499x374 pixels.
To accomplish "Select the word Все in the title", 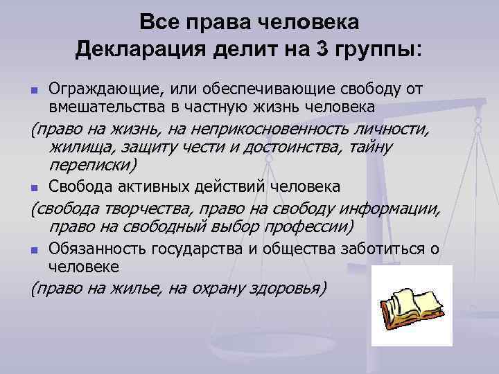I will coord(158,23).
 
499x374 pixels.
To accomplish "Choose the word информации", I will coord(392,210).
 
